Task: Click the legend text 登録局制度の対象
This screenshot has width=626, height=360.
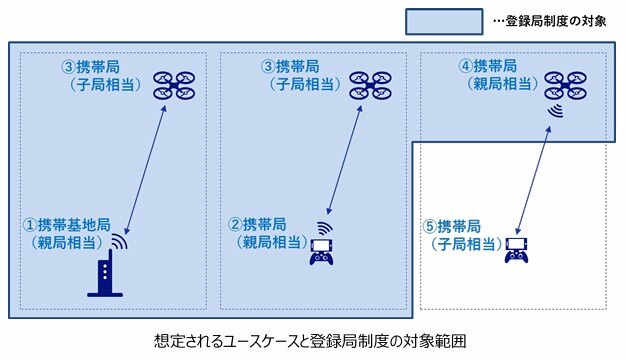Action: [x=555, y=19]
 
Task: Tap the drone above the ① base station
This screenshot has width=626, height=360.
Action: [x=176, y=85]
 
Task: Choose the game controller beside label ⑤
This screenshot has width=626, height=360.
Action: [x=516, y=250]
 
